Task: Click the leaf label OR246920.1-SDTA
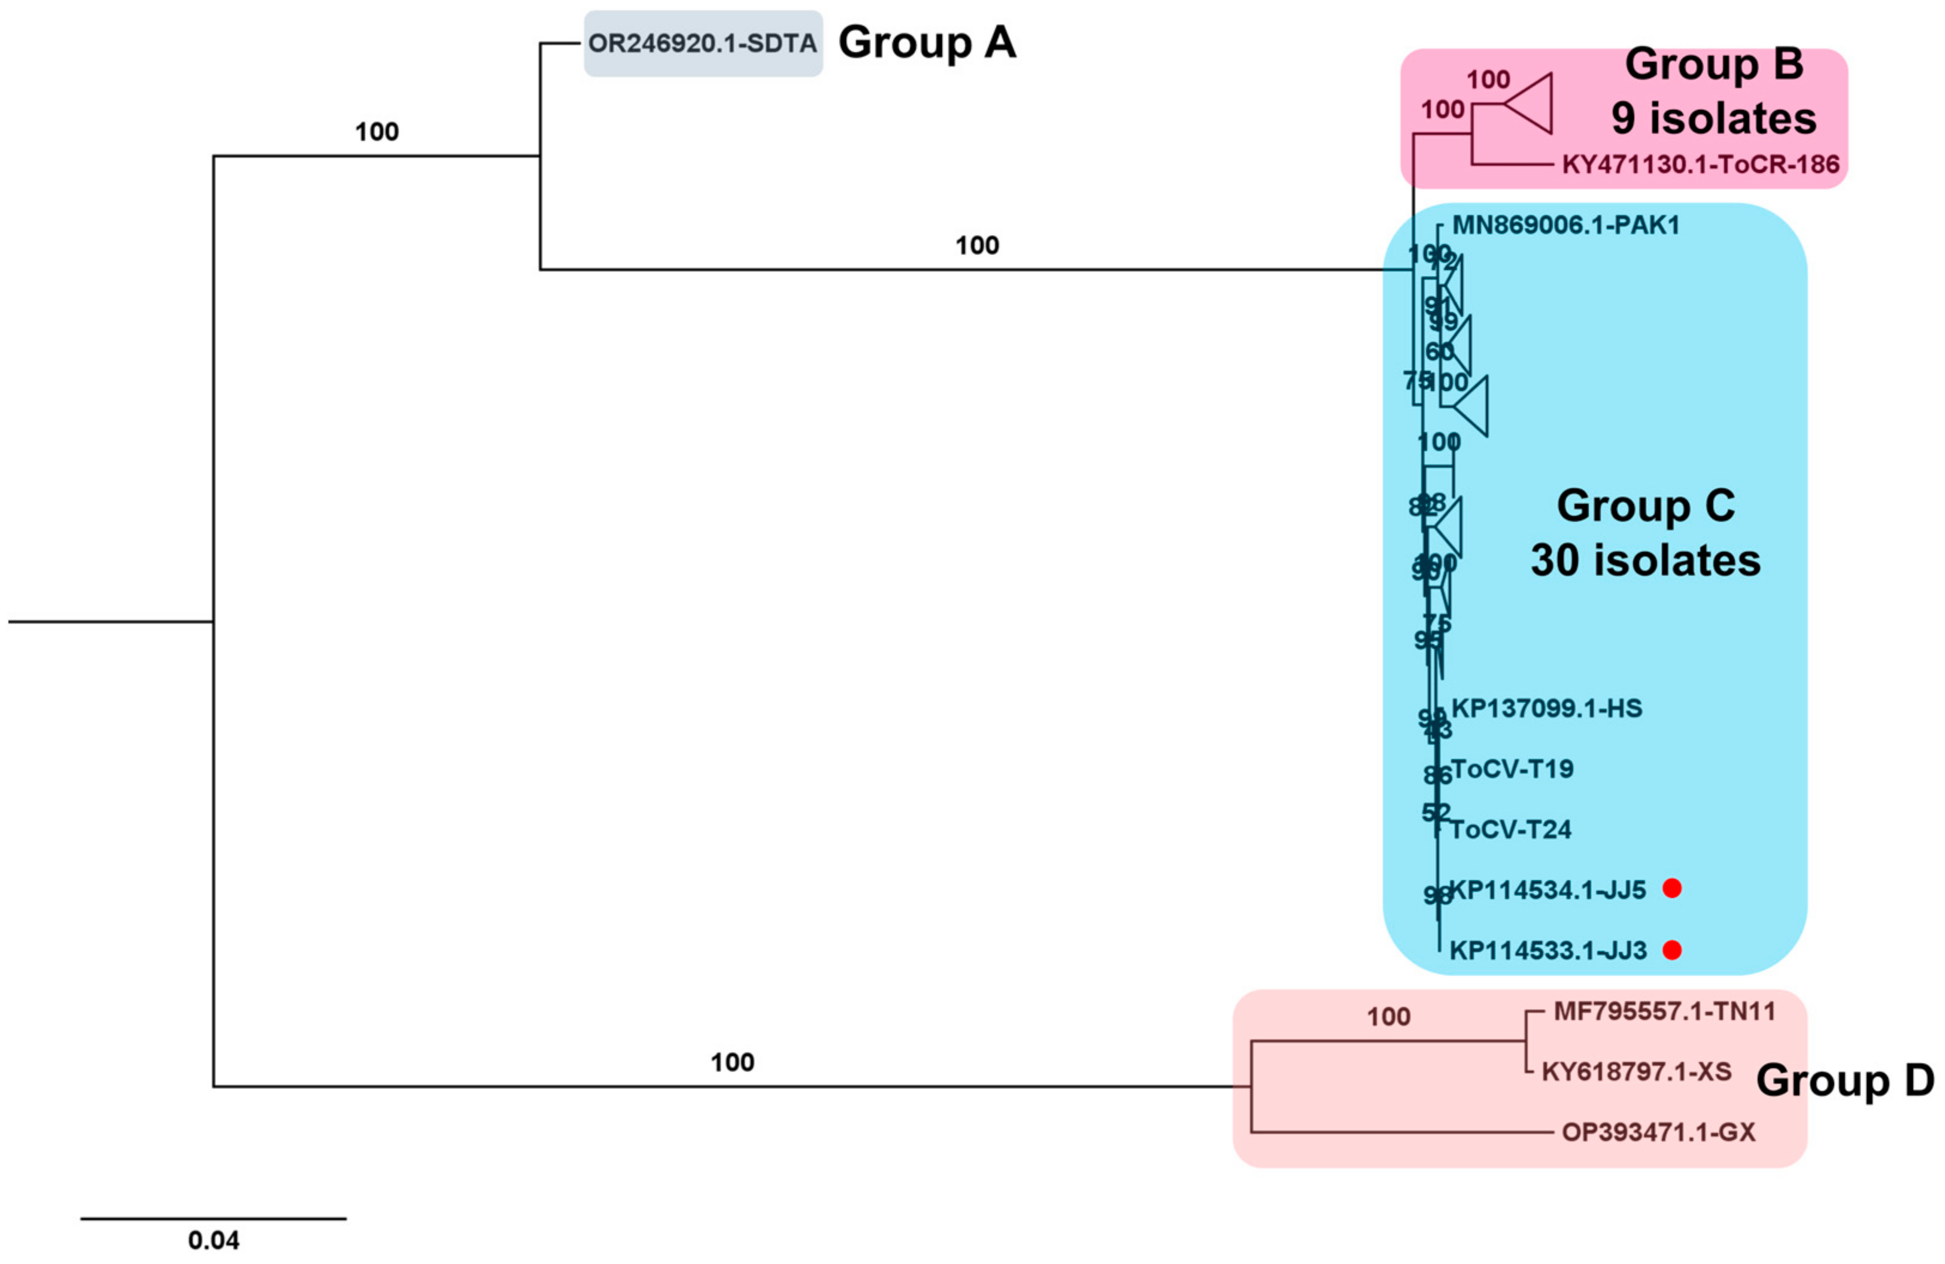click(702, 43)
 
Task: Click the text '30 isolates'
click(1645, 561)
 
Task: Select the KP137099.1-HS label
click(1546, 709)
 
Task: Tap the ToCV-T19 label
click(1511, 769)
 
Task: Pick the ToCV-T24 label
click(1510, 830)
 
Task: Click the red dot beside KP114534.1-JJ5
click(1672, 888)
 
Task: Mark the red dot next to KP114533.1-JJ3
click(1672, 949)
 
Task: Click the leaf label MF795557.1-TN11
click(1664, 1011)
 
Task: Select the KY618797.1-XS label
click(1636, 1071)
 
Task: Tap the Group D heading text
click(1844, 1080)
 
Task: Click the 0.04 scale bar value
click(213, 1240)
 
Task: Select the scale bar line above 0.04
click(213, 1219)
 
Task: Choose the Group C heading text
click(1645, 506)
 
